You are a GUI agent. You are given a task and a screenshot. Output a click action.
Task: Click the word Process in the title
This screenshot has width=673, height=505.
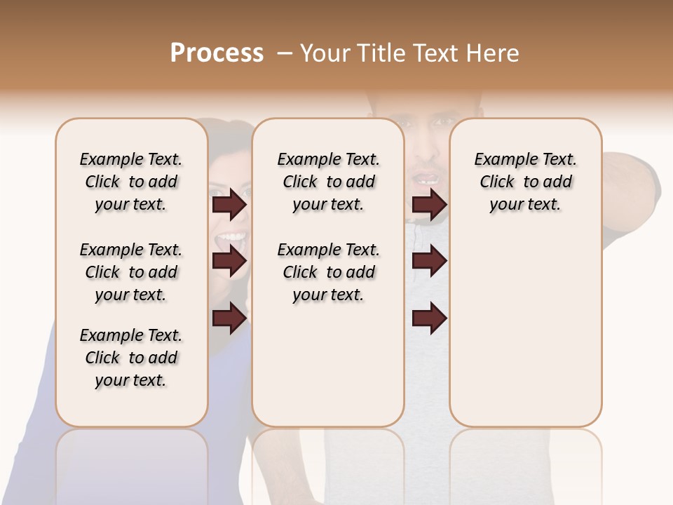tap(217, 53)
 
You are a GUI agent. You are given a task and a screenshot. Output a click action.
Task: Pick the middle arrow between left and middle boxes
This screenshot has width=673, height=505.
tap(229, 261)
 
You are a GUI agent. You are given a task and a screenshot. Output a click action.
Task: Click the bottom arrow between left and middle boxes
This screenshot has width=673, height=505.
tap(229, 318)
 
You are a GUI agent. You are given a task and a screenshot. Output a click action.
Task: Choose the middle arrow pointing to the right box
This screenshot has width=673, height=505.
tap(429, 261)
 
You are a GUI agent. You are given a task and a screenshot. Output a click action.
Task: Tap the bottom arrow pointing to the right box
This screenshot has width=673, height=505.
tap(429, 318)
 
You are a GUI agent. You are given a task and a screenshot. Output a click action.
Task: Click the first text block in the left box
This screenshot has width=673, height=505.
tap(131, 182)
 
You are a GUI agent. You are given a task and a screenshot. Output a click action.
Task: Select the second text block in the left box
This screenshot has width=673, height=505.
tap(131, 272)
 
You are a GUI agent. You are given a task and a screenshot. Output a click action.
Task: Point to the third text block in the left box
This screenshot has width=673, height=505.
tap(131, 358)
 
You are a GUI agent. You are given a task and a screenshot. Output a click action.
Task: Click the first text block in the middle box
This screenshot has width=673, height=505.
tap(329, 182)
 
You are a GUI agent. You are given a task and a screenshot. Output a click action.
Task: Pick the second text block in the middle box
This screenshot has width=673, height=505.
tap(329, 272)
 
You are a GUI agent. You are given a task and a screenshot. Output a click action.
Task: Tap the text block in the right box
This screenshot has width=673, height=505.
tap(526, 182)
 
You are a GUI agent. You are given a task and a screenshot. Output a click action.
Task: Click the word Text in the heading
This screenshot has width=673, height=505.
tap(439, 53)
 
